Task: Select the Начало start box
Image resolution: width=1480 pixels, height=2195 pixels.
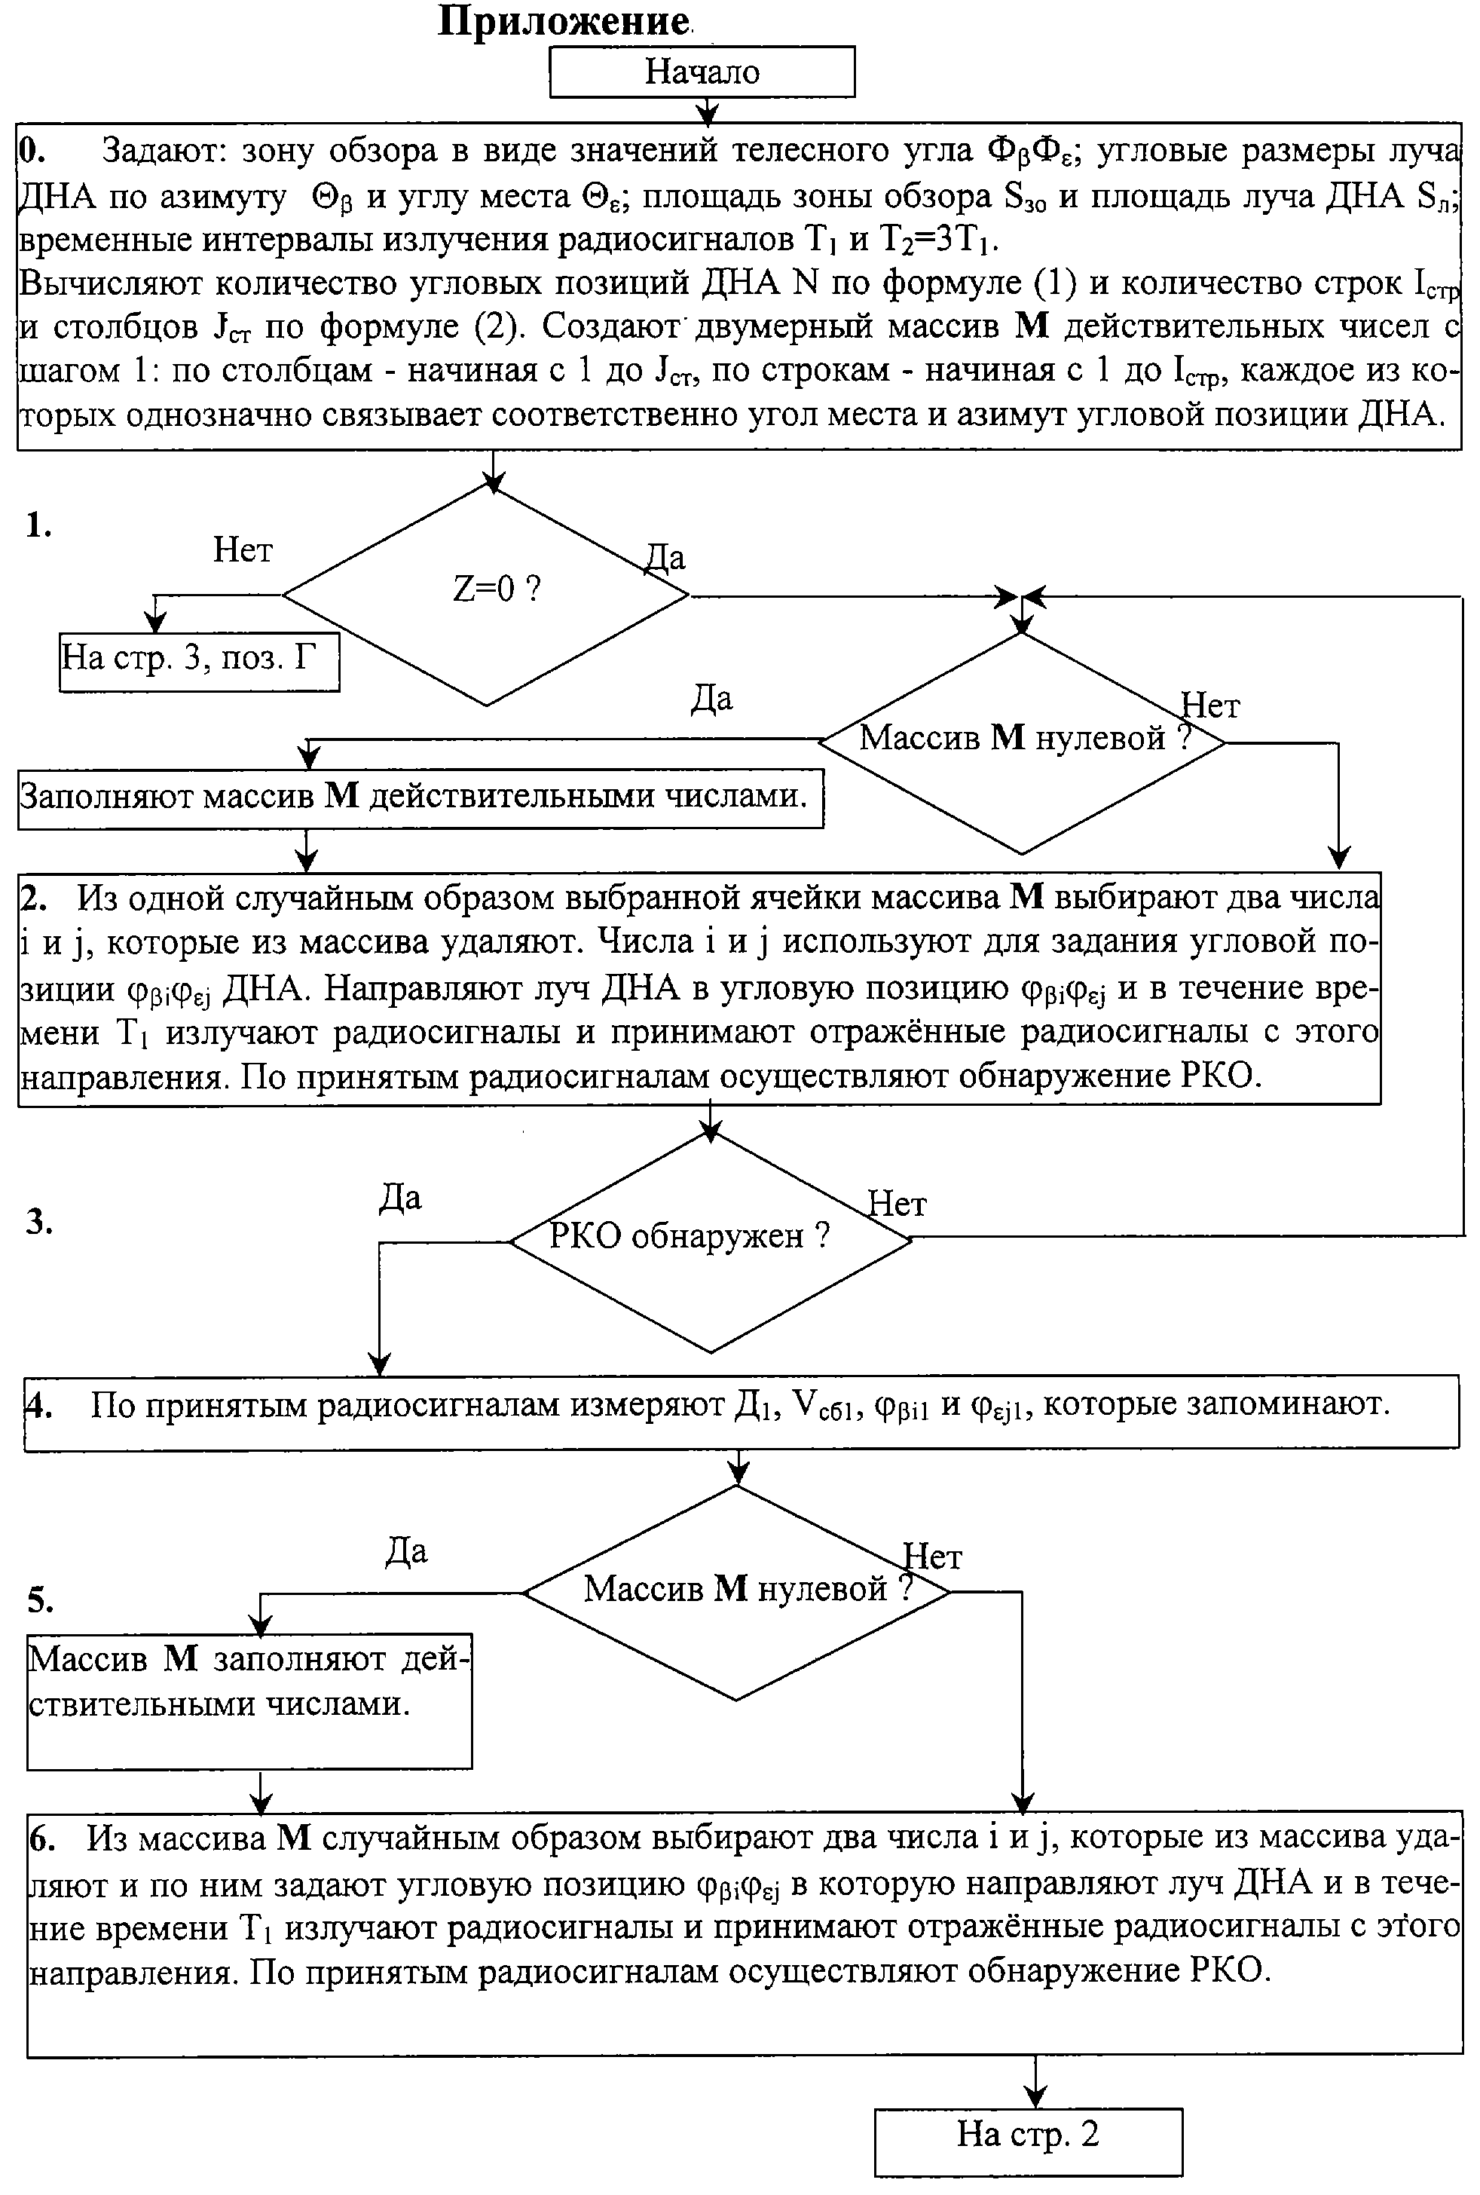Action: pos(702,72)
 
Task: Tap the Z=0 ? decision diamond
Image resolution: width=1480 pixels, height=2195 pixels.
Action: pos(487,595)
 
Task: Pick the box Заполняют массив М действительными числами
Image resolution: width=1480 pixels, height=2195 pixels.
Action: pos(420,799)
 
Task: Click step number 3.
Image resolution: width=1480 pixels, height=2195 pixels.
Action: pos(38,1222)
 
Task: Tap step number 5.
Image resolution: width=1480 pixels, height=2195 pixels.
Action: pos(41,1600)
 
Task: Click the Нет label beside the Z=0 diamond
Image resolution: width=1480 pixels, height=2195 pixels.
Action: pos(243,550)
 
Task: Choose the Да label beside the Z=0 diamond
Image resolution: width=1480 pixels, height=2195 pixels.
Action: pos(665,558)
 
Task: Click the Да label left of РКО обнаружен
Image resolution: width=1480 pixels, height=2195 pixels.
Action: pos(400,1198)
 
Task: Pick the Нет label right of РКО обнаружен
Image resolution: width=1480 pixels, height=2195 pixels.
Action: pos(897,1204)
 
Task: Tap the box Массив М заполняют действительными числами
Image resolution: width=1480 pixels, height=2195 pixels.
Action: pos(249,1701)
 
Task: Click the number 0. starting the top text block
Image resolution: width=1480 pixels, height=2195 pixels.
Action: pos(32,149)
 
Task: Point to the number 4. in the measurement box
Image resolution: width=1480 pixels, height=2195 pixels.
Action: pos(38,1406)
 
